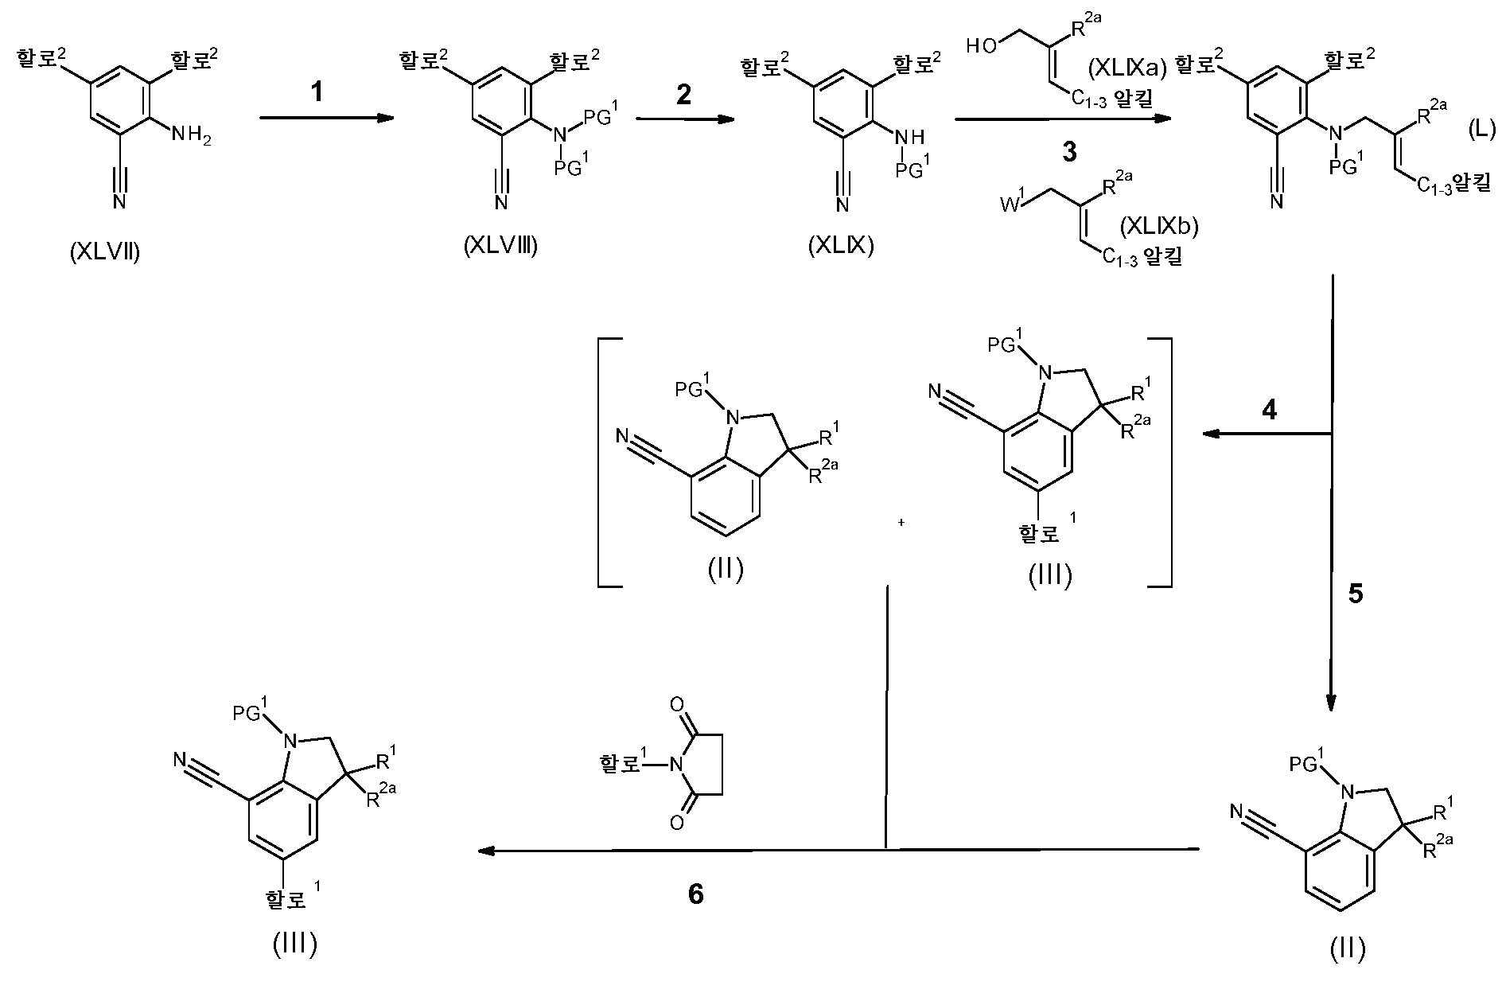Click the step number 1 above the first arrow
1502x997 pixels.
tap(317, 93)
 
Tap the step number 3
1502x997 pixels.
tap(1070, 152)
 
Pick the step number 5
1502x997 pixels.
tap(1356, 594)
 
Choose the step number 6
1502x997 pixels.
tap(695, 894)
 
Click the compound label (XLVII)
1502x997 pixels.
tap(104, 254)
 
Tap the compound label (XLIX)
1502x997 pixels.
tap(841, 247)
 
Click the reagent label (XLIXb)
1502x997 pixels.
tap(1158, 228)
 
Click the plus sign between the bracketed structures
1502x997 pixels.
tap(901, 523)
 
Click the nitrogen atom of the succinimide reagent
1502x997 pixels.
tap(677, 765)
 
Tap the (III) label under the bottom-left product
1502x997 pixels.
tap(294, 944)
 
